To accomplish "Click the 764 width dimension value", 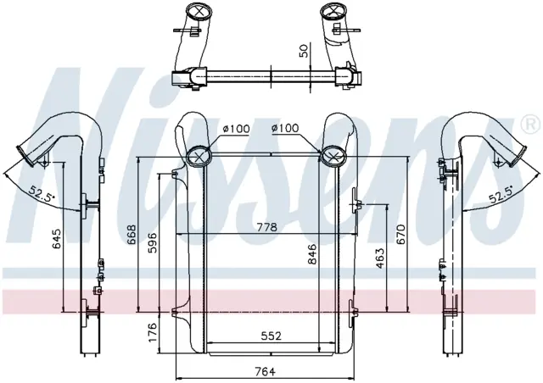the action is click(265, 372).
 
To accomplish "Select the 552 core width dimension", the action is click(271, 336).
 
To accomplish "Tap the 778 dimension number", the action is click(267, 227).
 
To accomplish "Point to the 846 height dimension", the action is click(312, 254).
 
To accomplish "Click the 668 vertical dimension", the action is click(132, 235).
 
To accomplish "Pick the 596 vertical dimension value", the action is click(153, 243).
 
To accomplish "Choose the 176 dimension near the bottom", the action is click(153, 332).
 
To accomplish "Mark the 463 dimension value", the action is click(380, 258).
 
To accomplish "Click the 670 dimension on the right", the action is click(400, 234).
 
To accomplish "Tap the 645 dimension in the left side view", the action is click(57, 238).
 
